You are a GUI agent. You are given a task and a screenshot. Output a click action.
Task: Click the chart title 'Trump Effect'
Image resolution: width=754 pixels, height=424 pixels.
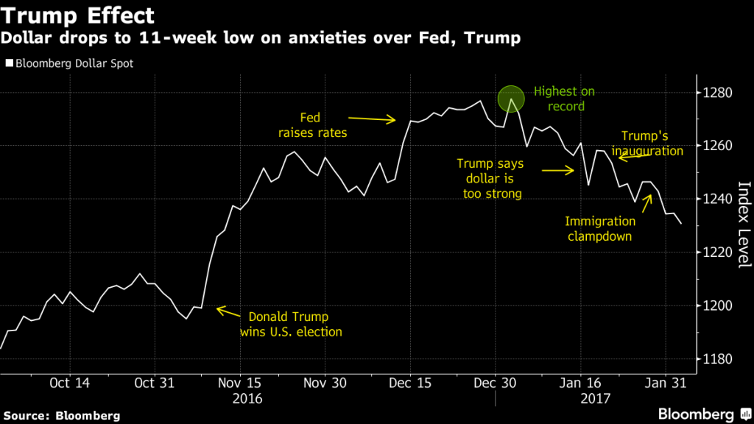coord(77,15)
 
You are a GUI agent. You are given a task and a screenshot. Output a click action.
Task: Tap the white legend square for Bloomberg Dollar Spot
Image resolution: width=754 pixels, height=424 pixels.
coord(9,63)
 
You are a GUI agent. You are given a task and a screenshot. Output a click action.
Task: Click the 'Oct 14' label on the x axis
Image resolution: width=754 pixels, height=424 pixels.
coord(71,383)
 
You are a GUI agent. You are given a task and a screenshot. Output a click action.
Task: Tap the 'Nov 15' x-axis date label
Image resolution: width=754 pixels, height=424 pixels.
coord(240,383)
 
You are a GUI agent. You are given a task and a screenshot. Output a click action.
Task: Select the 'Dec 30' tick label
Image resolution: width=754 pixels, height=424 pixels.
coord(495,383)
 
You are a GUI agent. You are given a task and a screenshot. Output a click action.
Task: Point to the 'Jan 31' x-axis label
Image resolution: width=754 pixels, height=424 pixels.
coord(666,383)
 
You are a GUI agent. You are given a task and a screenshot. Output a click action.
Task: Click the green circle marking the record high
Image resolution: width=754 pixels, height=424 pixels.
coord(511,99)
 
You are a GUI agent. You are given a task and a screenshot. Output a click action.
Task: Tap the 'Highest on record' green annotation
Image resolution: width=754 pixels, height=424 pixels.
coord(564,99)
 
